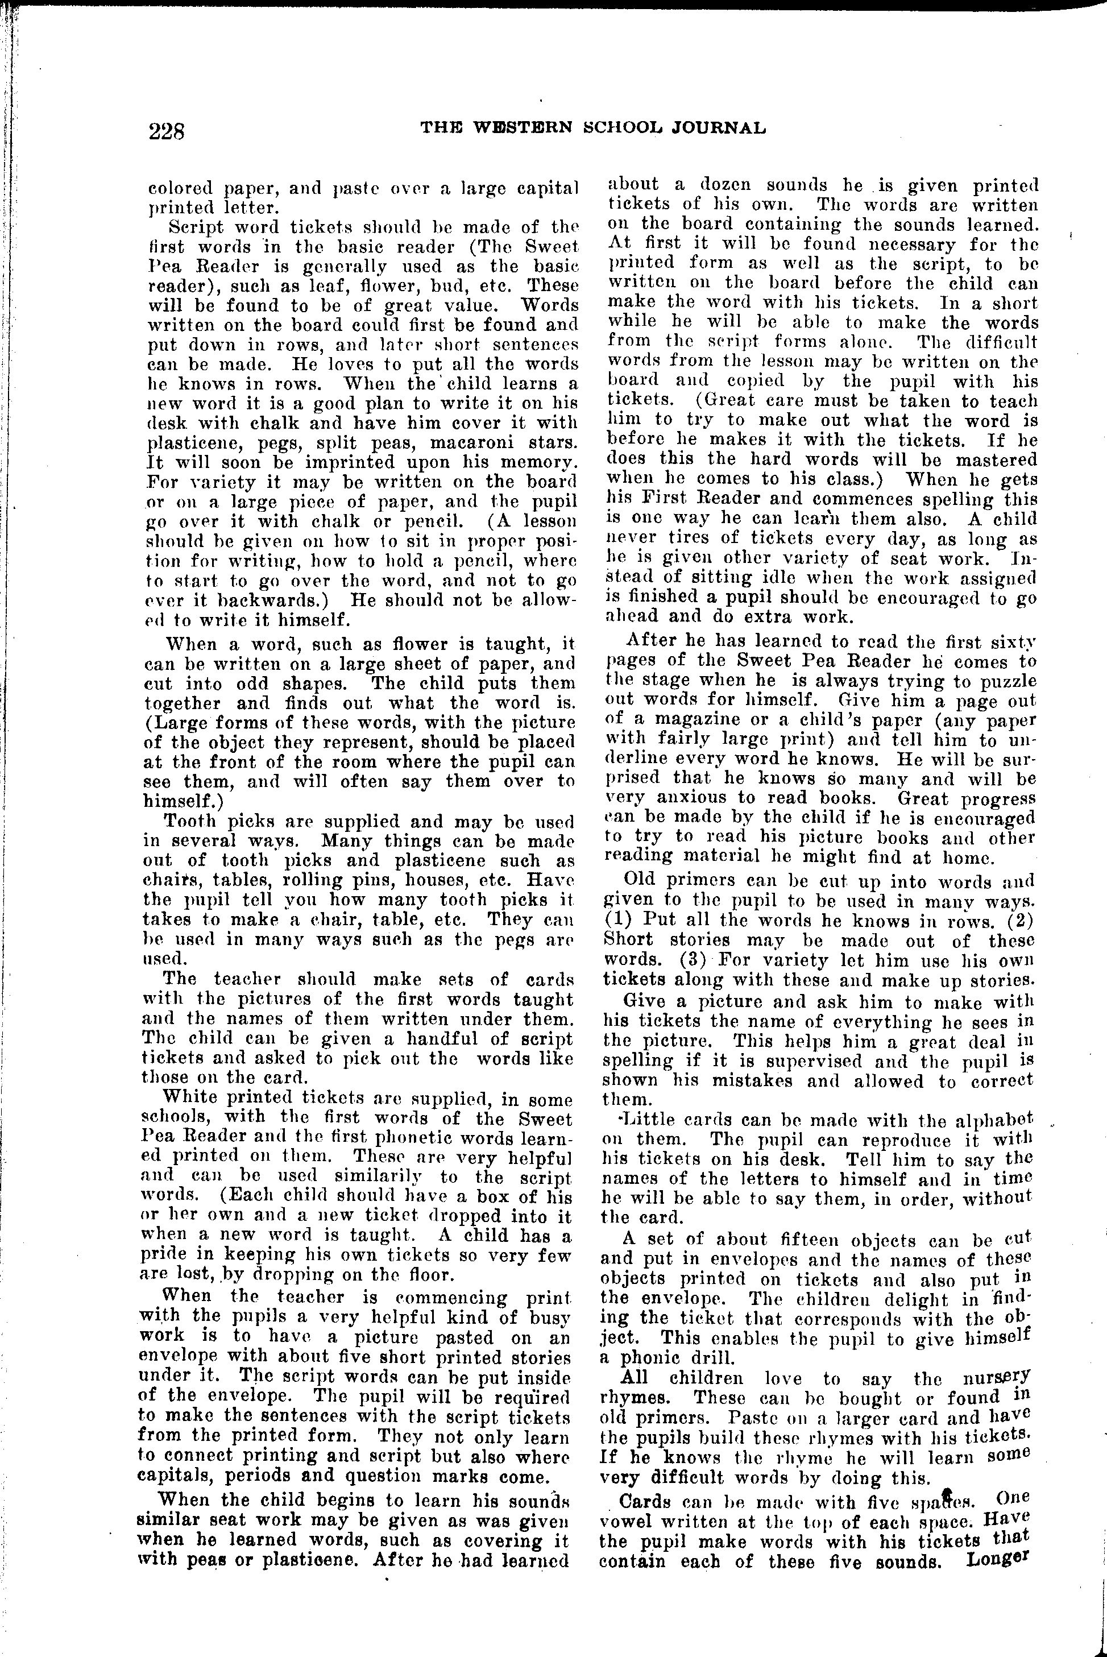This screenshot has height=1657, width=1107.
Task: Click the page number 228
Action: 167,131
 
